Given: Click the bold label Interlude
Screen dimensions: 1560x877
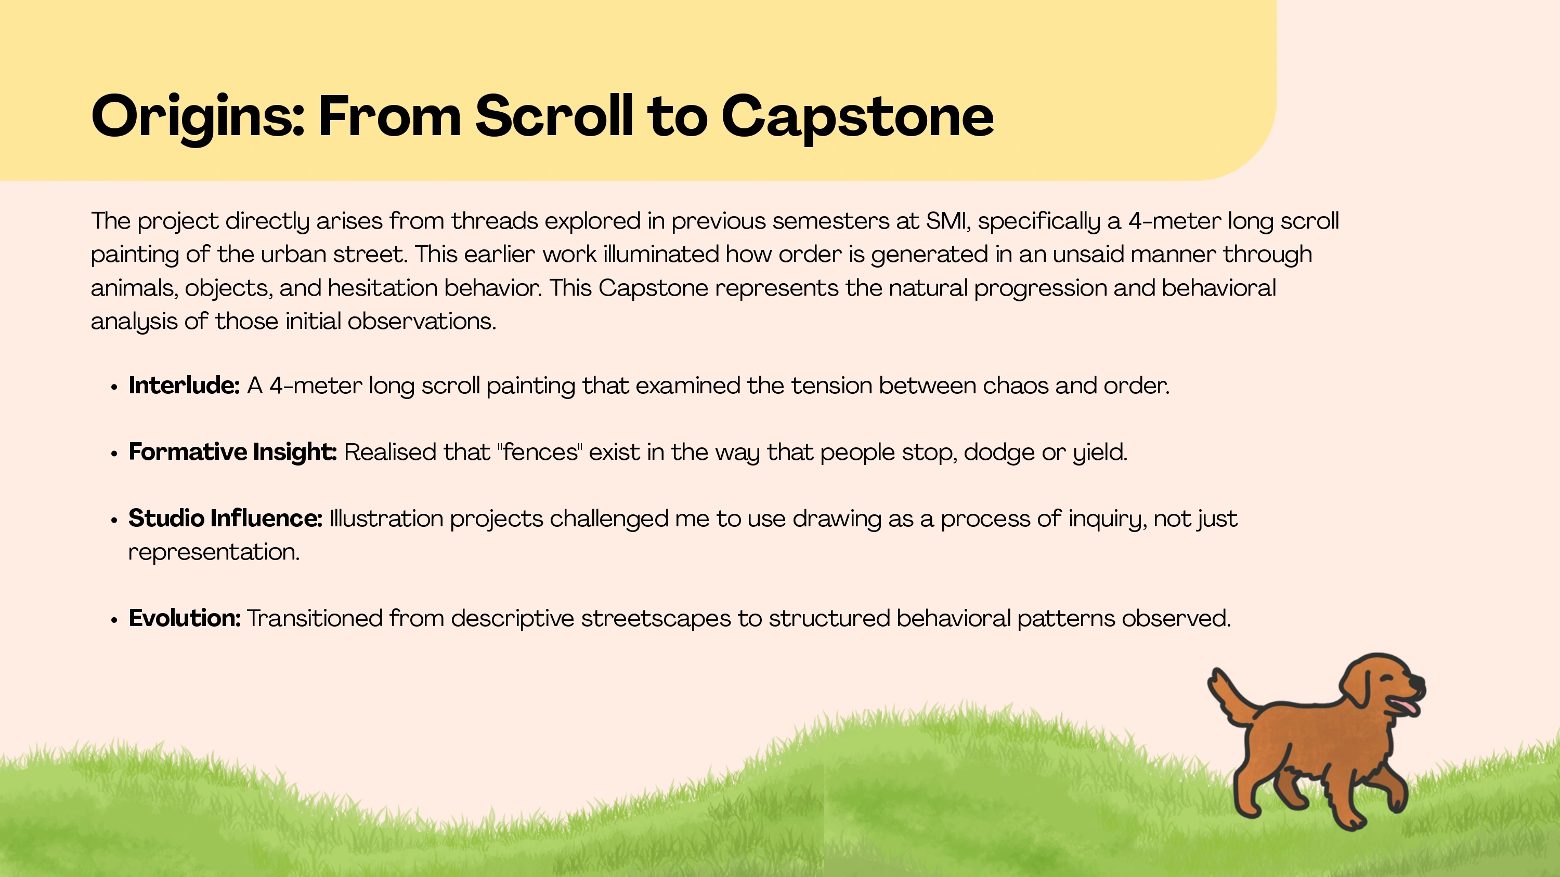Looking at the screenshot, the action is pos(184,386).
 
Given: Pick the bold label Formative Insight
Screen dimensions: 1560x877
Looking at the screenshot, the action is pos(232,453).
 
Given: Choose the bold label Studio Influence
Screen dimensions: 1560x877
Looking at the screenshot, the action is pos(225,518).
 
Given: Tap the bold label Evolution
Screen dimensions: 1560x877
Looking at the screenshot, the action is pos(185,618).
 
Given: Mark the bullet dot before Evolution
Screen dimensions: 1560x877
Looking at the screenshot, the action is pos(114,620).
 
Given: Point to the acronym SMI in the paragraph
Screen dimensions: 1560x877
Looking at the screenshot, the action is pos(948,221).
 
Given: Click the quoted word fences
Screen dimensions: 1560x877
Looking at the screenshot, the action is pos(540,452).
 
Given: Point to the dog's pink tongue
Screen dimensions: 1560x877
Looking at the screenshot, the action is pos(1405,708).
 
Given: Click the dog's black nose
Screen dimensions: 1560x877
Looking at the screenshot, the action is pos(1417,682).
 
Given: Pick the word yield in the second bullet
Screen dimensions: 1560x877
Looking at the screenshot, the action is pos(1100,453).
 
